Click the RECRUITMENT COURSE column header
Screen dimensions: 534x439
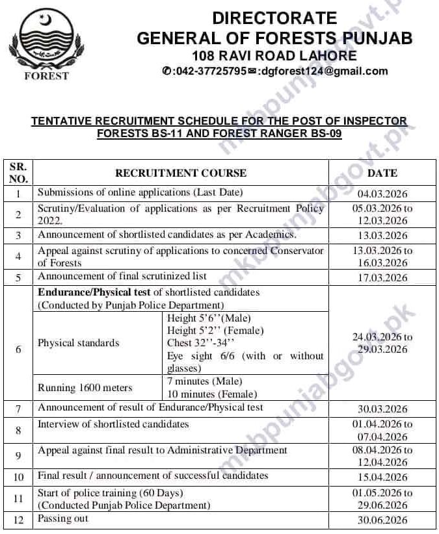pos(181,173)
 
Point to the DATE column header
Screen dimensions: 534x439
pos(382,173)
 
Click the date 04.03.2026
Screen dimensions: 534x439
pos(382,193)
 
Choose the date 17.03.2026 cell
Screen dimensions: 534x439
pos(382,277)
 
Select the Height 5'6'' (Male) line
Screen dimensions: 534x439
pos(209,318)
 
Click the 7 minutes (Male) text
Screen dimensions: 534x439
pos(204,381)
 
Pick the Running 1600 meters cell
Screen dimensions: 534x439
pos(85,388)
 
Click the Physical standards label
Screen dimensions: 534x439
pos(79,343)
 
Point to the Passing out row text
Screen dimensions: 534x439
pos(63,518)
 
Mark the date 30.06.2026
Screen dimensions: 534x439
pos(382,520)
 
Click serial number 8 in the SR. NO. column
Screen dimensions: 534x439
pos(18,431)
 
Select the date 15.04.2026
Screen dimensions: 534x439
pos(382,477)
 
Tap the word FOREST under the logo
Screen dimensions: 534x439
pos(46,76)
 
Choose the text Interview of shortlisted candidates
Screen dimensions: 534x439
pos(113,424)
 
